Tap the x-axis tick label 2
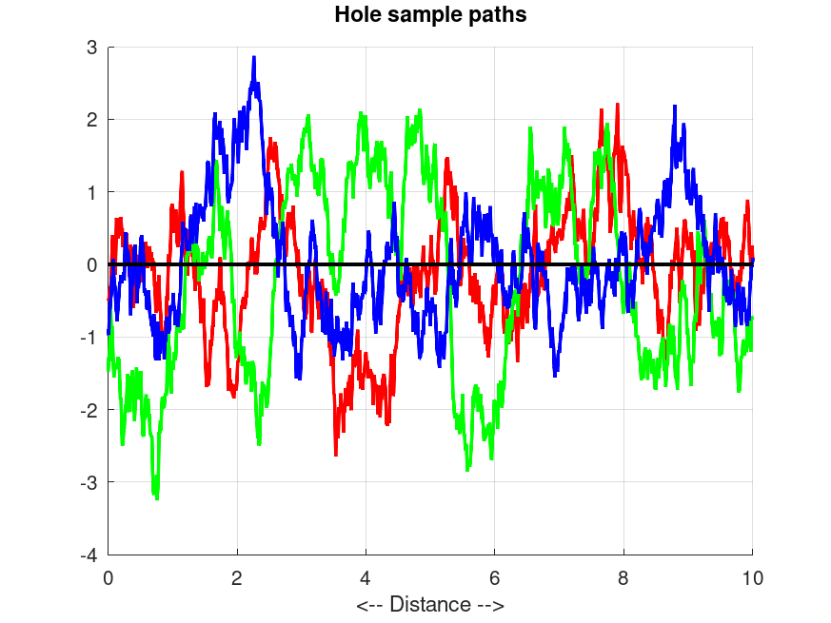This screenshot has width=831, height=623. [237, 576]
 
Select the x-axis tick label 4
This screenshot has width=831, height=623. [366, 576]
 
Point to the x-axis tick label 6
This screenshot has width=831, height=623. [495, 576]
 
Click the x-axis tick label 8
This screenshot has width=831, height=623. [623, 576]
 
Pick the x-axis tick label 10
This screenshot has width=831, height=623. [752, 576]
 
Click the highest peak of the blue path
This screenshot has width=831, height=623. [254, 58]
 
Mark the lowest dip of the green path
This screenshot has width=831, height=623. [156, 496]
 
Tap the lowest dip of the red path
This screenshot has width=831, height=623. [335, 454]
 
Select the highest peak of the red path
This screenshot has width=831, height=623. [618, 106]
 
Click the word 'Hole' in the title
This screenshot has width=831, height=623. [354, 14]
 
